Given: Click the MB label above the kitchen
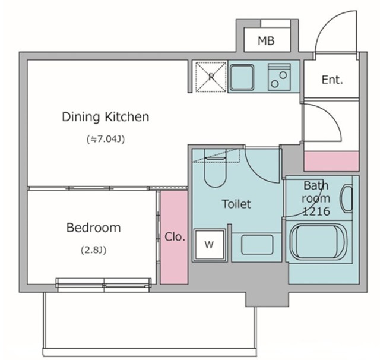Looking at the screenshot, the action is pyautogui.click(x=266, y=41).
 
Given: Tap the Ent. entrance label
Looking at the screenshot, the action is pyautogui.click(x=332, y=80).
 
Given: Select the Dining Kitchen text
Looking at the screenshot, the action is pyautogui.click(x=106, y=117).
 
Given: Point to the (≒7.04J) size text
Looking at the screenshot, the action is pyautogui.click(x=106, y=139).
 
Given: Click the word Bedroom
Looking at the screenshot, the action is pyautogui.click(x=94, y=228).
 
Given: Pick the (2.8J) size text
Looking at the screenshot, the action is pyautogui.click(x=94, y=250).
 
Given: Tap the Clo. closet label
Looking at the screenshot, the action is pyautogui.click(x=175, y=237).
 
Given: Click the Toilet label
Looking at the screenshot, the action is pyautogui.click(x=236, y=204).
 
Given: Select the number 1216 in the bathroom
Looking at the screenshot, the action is pyautogui.click(x=316, y=211).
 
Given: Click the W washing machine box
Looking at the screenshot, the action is pyautogui.click(x=210, y=245).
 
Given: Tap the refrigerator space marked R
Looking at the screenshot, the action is pyautogui.click(x=211, y=77).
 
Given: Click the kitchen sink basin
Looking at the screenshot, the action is pyautogui.click(x=242, y=77).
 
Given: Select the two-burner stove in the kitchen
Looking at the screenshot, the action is pyautogui.click(x=279, y=77).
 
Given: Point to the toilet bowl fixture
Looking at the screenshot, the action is pyautogui.click(x=215, y=172).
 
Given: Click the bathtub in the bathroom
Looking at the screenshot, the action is pyautogui.click(x=319, y=241).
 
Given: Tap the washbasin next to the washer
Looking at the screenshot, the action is pyautogui.click(x=257, y=245).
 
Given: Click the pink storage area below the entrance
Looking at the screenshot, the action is pyautogui.click(x=331, y=161).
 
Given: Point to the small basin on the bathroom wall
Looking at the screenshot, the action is pyautogui.click(x=347, y=198).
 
